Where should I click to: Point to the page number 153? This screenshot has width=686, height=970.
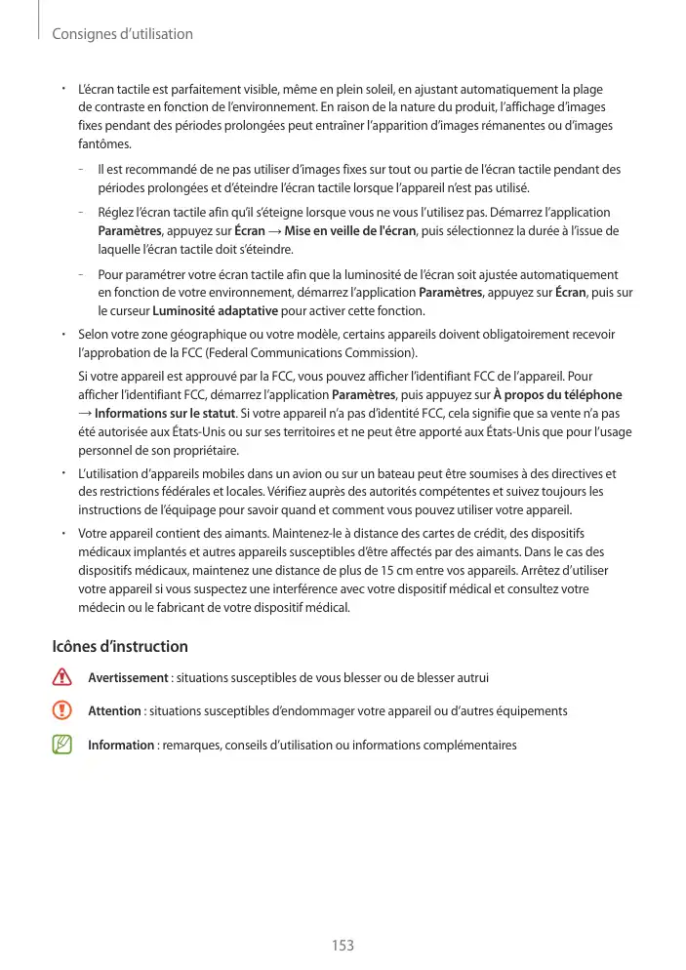click(x=343, y=946)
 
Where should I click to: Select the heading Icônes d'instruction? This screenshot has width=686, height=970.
click(x=119, y=647)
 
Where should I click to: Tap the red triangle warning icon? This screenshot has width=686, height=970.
click(x=63, y=677)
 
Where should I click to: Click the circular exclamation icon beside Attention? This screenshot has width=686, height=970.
click(x=63, y=711)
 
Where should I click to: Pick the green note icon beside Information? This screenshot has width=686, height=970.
click(x=63, y=746)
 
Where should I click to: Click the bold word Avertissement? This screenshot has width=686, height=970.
click(x=128, y=677)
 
